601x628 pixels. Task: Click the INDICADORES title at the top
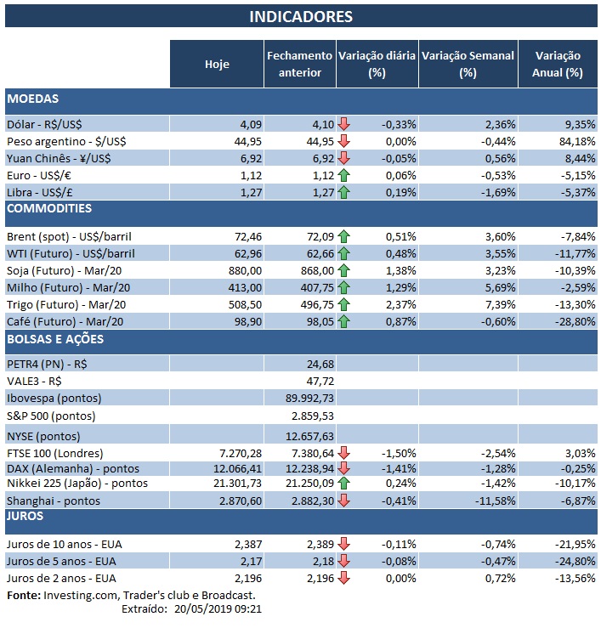coord(301,17)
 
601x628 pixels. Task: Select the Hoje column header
coord(217,64)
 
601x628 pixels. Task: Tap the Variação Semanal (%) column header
coord(468,64)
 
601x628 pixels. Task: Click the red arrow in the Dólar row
coord(343,124)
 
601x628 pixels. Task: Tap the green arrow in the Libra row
coord(343,192)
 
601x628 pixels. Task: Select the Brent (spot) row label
coord(69,236)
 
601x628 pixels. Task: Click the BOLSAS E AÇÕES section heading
coord(56,340)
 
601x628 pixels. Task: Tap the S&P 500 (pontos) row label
coord(50,416)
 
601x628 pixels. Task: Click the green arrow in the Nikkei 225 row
coord(343,484)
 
